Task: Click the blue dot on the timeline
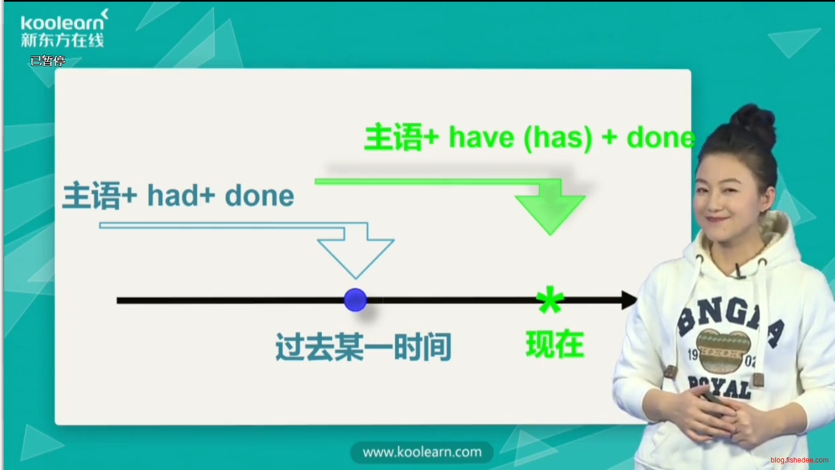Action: pos(355,300)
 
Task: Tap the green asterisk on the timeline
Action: pos(550,299)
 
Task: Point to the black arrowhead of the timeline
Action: pos(629,300)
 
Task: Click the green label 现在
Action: pos(554,344)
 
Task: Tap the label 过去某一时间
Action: pos(364,347)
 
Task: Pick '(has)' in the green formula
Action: pos(558,138)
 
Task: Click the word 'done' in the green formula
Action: pos(661,138)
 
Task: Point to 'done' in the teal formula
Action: pos(259,196)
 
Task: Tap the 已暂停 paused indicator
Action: pos(47,60)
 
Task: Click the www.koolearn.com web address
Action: pos(422,452)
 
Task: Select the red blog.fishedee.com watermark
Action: pos(799,460)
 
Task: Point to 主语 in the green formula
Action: pos(394,138)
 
